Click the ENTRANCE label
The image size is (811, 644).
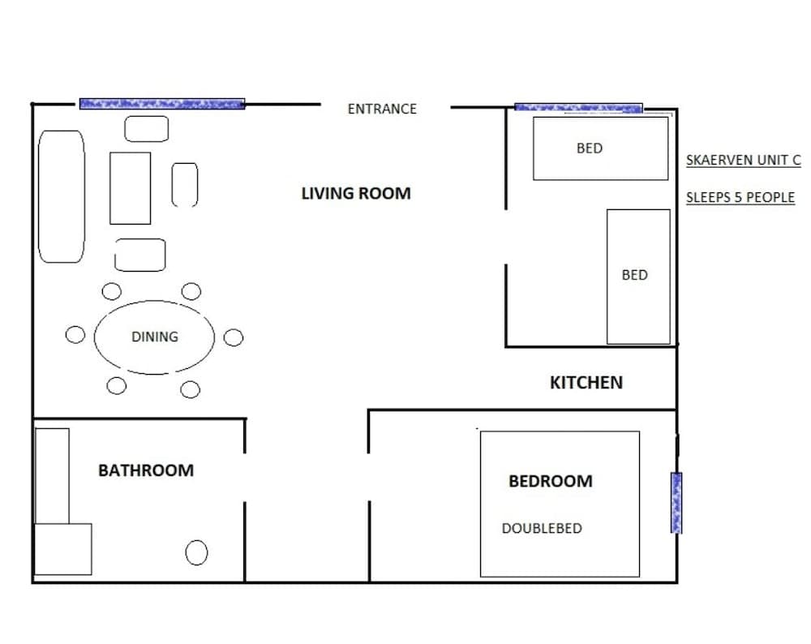coord(382,109)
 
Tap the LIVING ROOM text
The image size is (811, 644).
coord(356,193)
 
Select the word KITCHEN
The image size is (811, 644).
coord(586,382)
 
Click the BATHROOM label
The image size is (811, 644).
coord(146,470)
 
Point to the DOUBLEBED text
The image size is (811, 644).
coord(542,528)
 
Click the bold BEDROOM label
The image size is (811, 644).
coord(551,481)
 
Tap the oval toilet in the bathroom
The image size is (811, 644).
coord(196,553)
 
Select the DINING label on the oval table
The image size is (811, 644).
coord(154,337)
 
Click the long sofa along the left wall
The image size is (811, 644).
coord(62,196)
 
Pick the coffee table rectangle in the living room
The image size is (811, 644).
coord(131,188)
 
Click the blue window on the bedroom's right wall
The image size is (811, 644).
coord(676,503)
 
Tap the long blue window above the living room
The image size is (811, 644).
coord(162,104)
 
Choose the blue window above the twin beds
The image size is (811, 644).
coord(578,107)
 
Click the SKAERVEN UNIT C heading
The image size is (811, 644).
coord(743,161)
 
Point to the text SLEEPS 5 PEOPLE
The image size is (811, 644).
coord(740,197)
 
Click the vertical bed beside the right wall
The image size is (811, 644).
coord(638,276)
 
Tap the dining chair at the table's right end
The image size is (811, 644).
coord(234,337)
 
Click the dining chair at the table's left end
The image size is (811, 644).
coord(75,335)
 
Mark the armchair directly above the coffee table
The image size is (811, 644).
coord(147,128)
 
